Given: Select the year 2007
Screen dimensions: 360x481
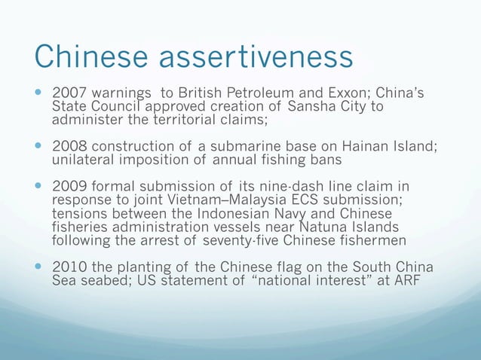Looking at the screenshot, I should coord(66,94).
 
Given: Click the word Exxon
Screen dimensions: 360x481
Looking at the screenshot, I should coord(348,94).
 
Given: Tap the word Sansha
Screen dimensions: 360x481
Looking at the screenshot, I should coord(301,107).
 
